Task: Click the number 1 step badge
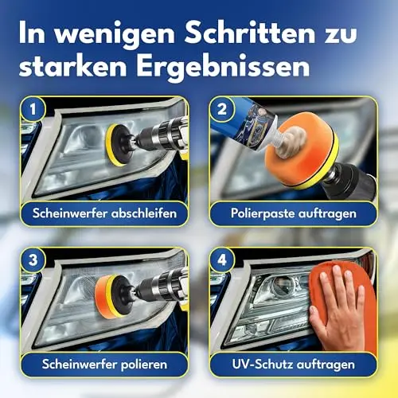tap(33, 109)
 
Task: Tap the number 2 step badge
tap(222, 109)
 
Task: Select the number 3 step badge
tap(33, 259)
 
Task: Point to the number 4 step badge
tap(222, 259)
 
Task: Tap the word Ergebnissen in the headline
tap(224, 66)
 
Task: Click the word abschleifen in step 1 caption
tap(144, 213)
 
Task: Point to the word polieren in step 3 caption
tap(144, 365)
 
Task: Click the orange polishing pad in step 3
tap(104, 296)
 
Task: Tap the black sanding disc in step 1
tap(121, 145)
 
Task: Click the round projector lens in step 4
tap(281, 285)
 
